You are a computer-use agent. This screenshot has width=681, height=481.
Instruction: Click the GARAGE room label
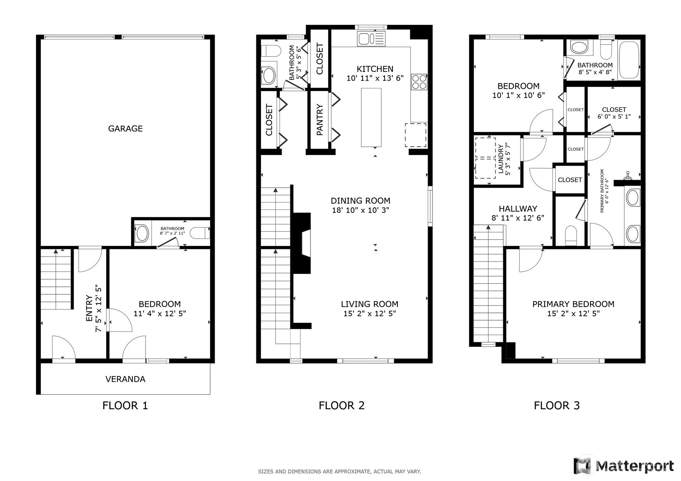click(125, 129)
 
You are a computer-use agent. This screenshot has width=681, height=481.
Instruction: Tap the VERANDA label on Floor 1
click(125, 379)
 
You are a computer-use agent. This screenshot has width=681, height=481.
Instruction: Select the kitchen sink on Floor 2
click(371, 38)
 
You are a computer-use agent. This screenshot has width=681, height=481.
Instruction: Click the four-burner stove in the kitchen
click(419, 82)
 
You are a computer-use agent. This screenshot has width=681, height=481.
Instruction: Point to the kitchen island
click(371, 118)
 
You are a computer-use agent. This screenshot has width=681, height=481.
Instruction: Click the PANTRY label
click(320, 119)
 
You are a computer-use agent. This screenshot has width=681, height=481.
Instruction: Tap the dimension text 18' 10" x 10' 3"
click(361, 210)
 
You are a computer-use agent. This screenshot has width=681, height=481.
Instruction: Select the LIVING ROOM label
click(369, 304)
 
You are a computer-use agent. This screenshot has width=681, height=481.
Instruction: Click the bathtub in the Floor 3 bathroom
click(630, 60)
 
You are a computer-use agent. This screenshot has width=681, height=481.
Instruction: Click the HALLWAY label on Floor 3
click(518, 208)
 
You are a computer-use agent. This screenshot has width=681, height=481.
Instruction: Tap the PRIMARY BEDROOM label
click(573, 304)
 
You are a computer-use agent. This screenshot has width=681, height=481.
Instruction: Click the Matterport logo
click(624, 466)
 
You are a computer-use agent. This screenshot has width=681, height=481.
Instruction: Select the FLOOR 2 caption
click(342, 405)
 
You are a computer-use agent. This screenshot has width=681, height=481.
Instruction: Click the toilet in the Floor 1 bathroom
click(200, 233)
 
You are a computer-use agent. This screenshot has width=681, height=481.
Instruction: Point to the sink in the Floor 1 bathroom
click(142, 233)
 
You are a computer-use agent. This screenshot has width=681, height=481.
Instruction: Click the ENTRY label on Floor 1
click(89, 308)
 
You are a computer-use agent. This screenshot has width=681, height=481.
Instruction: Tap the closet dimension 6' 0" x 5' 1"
click(614, 117)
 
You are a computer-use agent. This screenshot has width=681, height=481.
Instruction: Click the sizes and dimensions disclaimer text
click(339, 471)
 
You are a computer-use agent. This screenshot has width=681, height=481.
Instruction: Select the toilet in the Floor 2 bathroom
click(271, 51)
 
